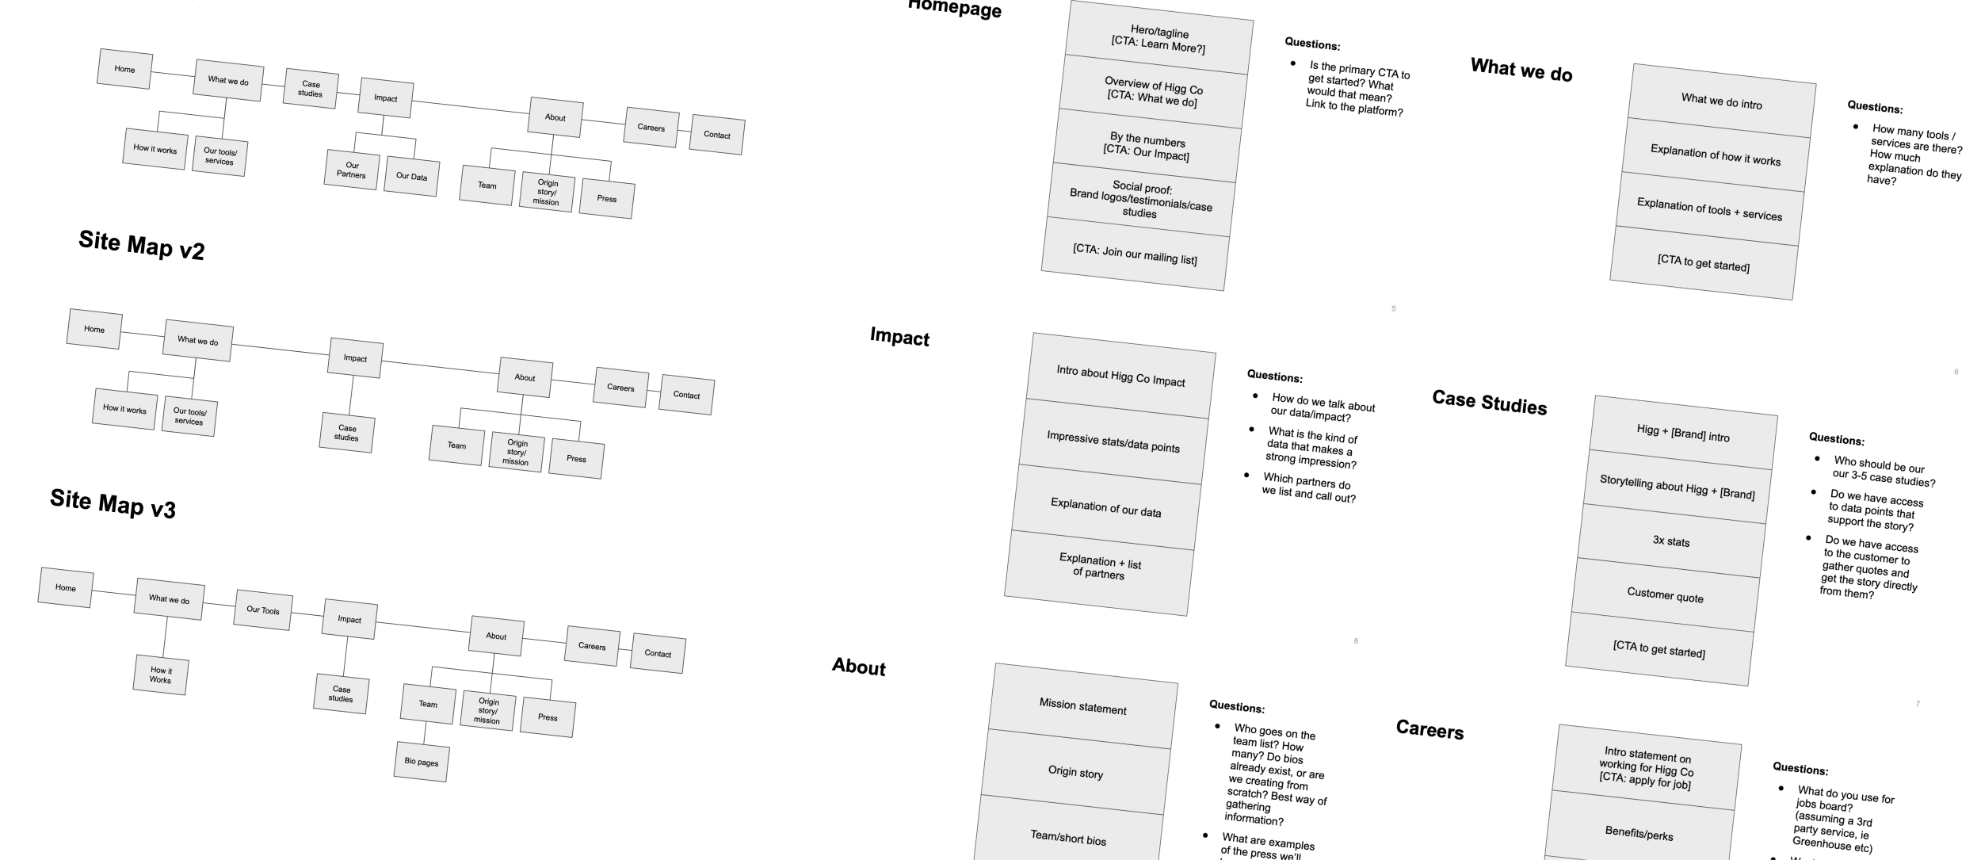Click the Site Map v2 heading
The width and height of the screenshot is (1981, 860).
tap(142, 245)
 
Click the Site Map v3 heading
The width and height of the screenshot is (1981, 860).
tap(113, 503)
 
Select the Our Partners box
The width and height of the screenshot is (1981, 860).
tap(352, 170)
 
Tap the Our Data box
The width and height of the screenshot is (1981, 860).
tap(411, 176)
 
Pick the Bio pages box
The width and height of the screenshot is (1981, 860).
tap(421, 762)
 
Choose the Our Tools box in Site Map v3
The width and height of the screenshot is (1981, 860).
tap(262, 610)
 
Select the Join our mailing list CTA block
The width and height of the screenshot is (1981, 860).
tap(1135, 254)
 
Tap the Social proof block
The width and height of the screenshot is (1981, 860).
tap(1141, 201)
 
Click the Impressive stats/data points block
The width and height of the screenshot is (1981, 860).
tap(1113, 442)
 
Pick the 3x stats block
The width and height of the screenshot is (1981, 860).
tap(1670, 541)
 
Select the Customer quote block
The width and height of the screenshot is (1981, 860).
tap(1665, 594)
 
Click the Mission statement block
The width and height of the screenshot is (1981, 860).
tap(1082, 706)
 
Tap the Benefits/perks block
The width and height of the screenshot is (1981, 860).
tap(1639, 833)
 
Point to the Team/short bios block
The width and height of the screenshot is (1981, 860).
tap(1068, 838)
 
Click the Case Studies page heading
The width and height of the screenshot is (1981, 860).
tap(1489, 403)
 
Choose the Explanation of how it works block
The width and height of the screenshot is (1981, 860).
tap(1715, 155)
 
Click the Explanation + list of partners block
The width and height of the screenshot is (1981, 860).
tap(1100, 567)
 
